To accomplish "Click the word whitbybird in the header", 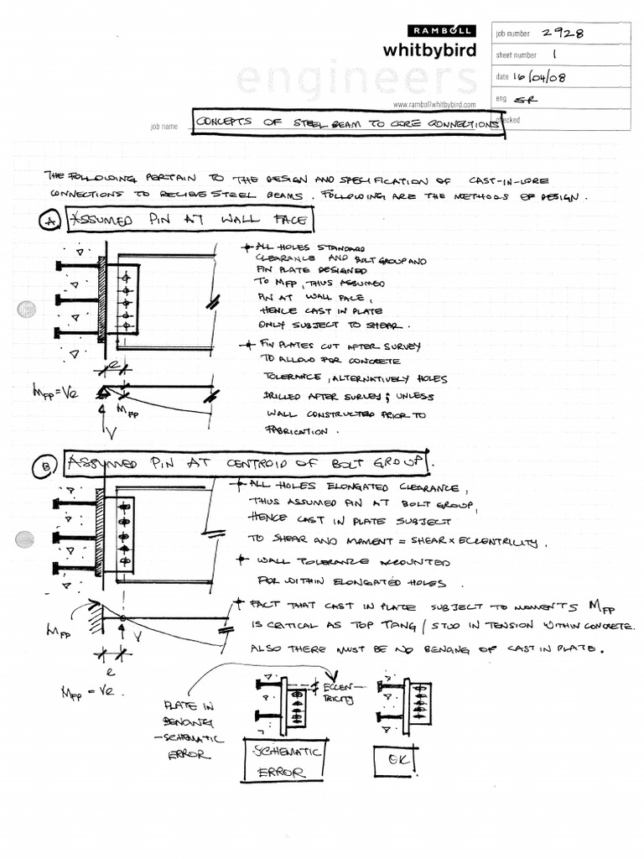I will coord(429,50).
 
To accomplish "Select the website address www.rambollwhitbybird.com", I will coord(434,105).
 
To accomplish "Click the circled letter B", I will coord(49,465).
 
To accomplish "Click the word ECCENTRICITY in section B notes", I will coord(512,543).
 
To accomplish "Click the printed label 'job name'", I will coord(164,126).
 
